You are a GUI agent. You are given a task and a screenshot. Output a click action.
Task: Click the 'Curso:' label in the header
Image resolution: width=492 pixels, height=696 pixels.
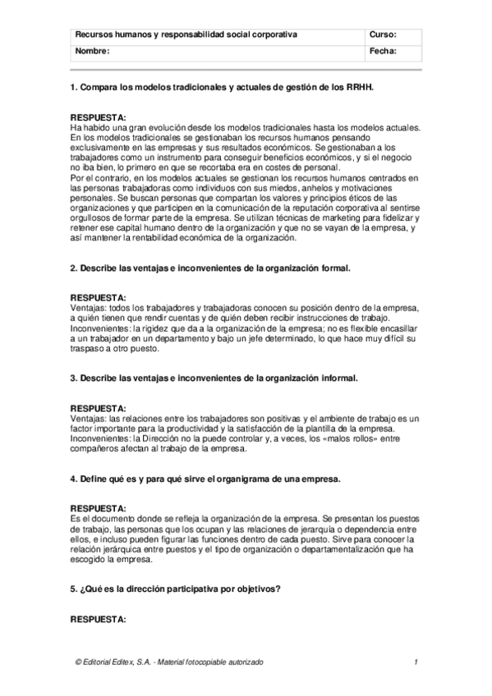384,35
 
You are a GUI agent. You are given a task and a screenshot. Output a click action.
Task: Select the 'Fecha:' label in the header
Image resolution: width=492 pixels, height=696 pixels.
384,51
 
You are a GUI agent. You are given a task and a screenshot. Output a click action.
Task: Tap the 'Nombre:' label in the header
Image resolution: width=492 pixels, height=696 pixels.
91,51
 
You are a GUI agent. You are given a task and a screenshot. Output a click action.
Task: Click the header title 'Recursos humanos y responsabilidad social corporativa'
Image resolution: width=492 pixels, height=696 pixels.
186,35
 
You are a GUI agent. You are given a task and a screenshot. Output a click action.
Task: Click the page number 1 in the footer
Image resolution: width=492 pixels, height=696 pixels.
417,662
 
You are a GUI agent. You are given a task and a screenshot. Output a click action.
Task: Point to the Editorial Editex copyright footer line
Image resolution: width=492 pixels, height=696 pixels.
169,662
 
